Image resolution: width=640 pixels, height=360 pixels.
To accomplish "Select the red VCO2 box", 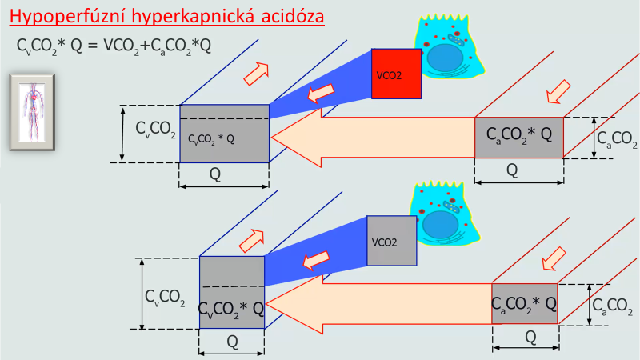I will coord(396,74).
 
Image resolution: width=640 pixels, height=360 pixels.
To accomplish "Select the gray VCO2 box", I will coord(393,240).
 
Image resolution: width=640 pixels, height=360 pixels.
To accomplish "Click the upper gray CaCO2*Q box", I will coord(519,137).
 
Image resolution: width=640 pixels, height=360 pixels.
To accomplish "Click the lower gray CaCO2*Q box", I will coord(525,303).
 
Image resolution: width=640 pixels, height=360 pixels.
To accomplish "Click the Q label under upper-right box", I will coord(512,170).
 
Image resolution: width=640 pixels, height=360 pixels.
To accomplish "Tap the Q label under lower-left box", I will coord(232,341).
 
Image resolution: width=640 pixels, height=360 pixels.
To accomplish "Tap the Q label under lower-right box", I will coord(530,337).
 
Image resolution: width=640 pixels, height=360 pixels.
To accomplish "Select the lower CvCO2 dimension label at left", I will coord(166,298).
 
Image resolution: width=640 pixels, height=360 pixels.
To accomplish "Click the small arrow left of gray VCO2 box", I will coord(318,258).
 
